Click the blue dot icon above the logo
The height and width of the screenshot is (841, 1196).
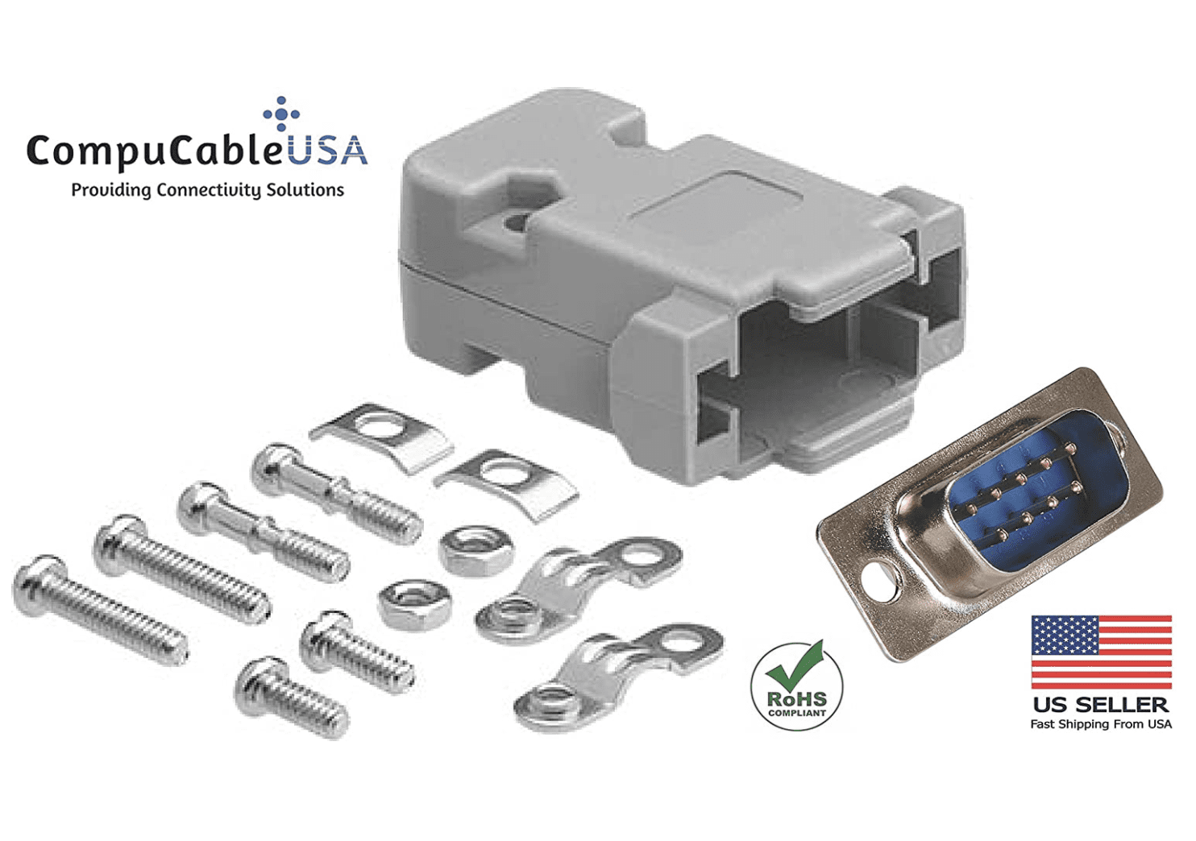(x=281, y=114)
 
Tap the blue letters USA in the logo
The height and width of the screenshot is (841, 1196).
(x=327, y=151)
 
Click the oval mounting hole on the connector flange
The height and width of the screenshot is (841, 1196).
(x=879, y=582)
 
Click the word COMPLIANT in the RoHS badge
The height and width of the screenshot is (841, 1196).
(x=796, y=713)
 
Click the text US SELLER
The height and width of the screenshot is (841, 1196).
(x=1100, y=705)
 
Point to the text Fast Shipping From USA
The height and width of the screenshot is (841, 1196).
(x=1100, y=724)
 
